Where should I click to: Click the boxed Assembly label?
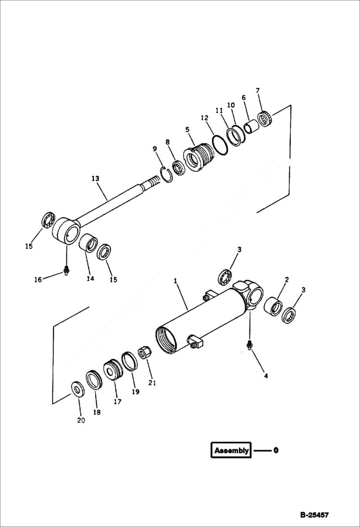[x=231, y=450]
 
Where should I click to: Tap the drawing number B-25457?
[x=314, y=515]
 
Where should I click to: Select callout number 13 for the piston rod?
[x=95, y=179]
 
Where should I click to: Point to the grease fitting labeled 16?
[x=66, y=272]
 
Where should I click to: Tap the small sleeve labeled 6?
[x=250, y=128]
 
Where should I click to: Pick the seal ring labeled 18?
[x=94, y=380]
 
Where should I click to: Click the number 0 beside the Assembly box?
[x=276, y=451]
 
